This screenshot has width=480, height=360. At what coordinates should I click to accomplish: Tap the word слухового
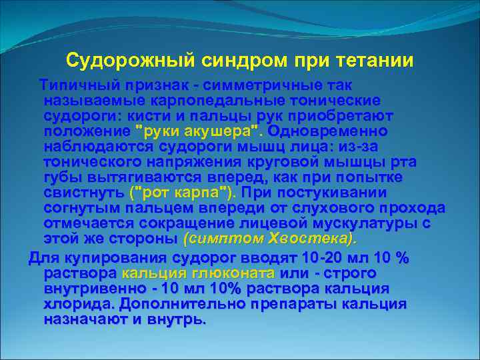[x=341, y=208]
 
